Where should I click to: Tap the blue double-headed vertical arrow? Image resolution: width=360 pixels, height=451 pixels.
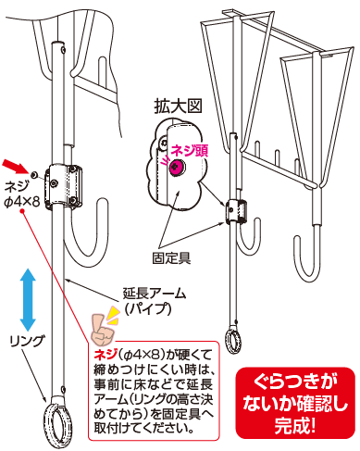click(x=28, y=300)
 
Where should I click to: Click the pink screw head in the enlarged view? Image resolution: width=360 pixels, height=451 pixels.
click(x=177, y=167)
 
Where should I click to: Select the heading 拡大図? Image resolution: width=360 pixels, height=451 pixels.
click(x=178, y=106)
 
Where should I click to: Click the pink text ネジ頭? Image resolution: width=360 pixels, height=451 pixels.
click(x=190, y=151)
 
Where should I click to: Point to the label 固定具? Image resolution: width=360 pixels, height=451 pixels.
click(x=171, y=258)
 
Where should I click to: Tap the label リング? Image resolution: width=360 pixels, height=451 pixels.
click(x=27, y=341)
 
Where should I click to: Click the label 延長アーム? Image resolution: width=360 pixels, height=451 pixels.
click(x=155, y=293)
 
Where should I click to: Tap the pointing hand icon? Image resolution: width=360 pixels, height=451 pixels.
click(x=102, y=330)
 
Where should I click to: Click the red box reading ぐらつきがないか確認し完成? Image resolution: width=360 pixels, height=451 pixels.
click(x=295, y=403)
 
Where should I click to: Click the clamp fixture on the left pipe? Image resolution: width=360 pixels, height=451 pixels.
click(x=64, y=187)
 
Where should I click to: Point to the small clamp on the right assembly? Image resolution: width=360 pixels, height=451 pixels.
click(x=236, y=211)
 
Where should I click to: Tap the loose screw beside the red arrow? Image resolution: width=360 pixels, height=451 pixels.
click(x=33, y=175)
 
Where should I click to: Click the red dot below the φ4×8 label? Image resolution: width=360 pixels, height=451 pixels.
click(x=22, y=211)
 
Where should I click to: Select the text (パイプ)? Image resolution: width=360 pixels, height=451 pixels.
click(x=148, y=308)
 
